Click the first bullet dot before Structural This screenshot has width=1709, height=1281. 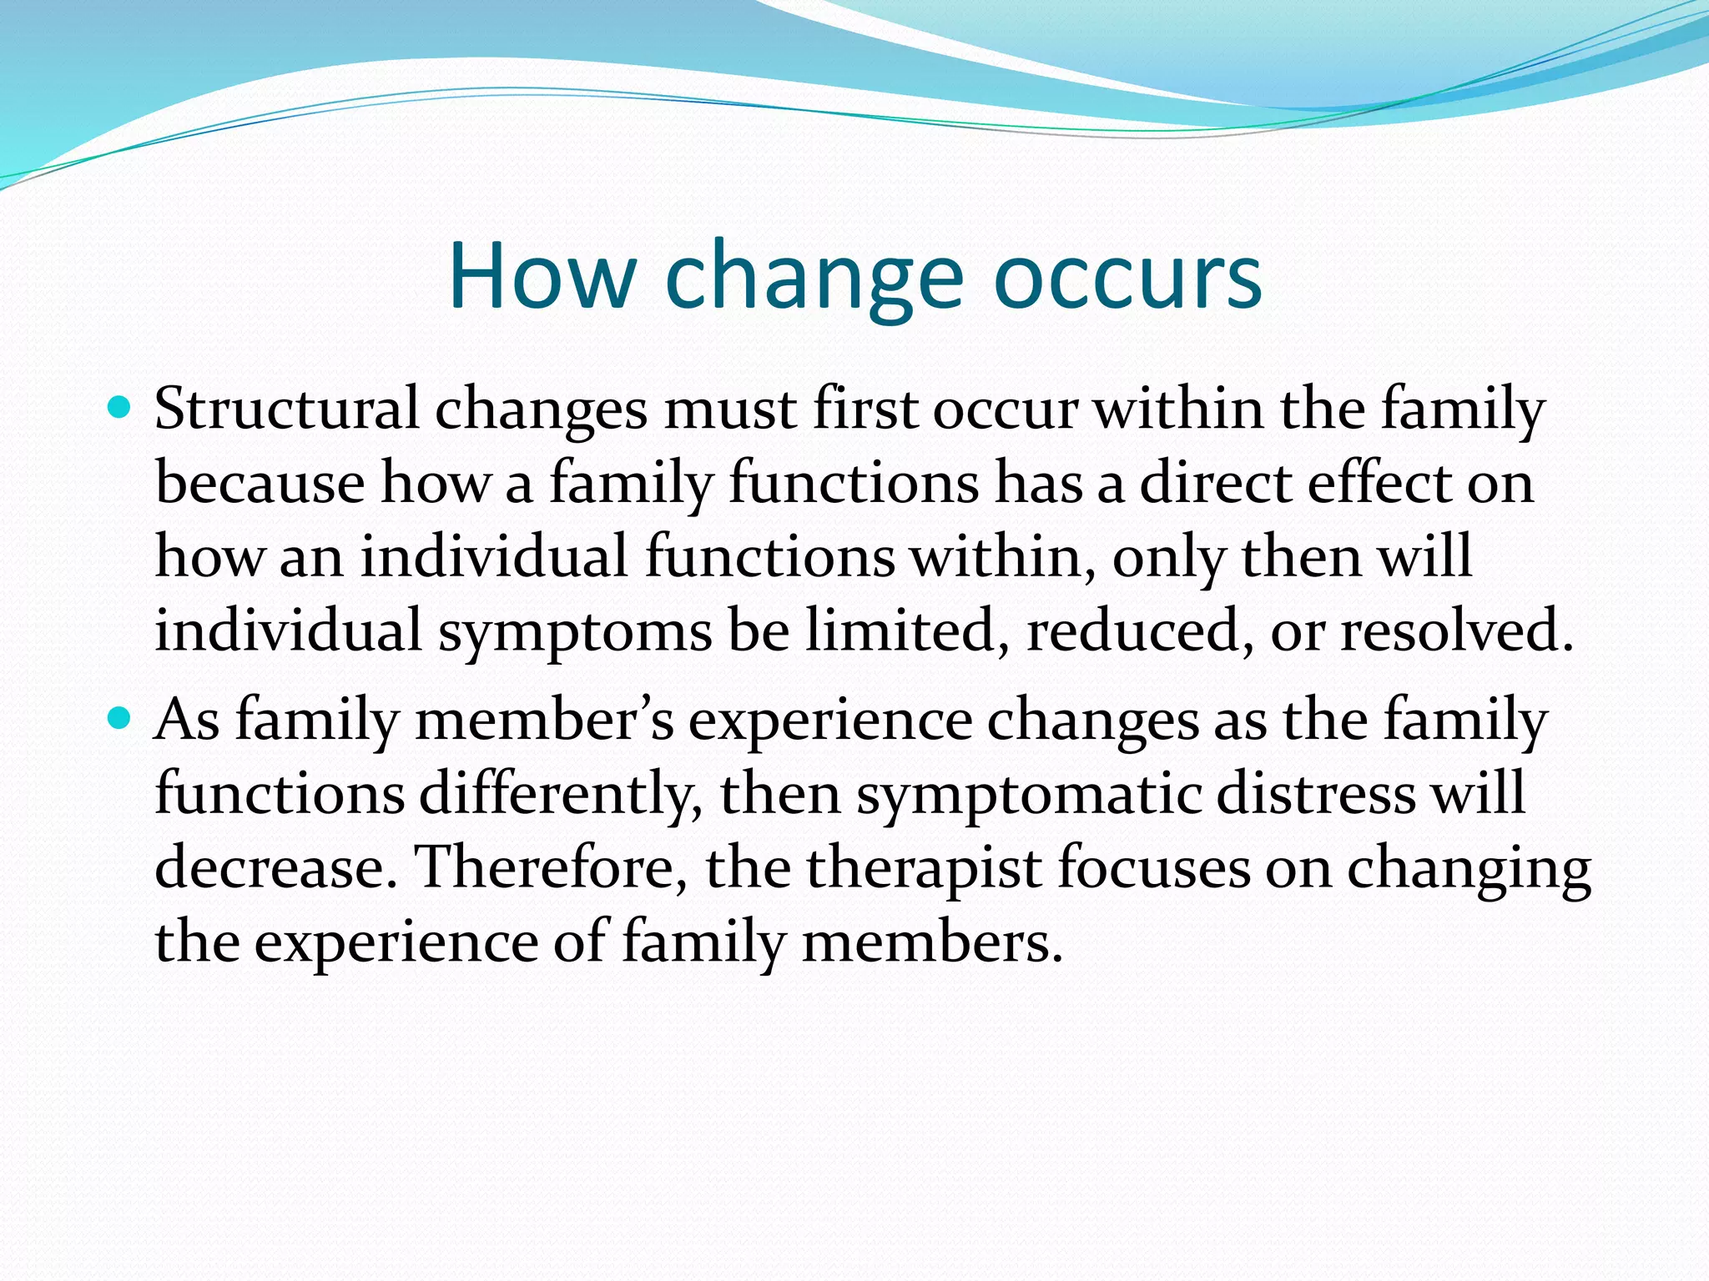(x=120, y=408)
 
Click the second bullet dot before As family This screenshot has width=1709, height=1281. (x=120, y=716)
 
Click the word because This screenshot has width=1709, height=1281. (x=260, y=483)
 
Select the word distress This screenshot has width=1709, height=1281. (x=1316, y=793)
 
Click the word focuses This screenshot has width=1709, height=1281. (x=1154, y=867)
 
